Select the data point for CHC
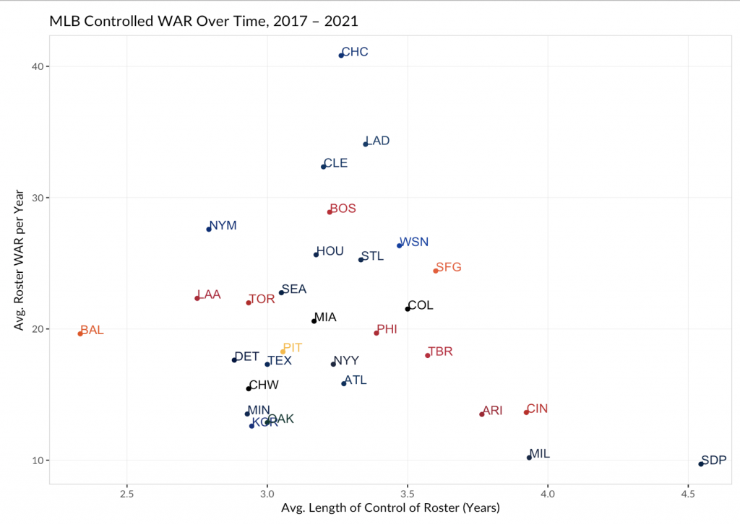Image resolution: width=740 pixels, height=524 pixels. (x=341, y=55)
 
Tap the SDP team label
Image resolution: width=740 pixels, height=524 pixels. (x=714, y=460)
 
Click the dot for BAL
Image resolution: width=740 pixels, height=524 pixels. (x=80, y=333)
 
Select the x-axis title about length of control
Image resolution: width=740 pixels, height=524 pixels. (x=390, y=508)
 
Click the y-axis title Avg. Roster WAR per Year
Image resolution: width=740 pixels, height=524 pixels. (x=19, y=261)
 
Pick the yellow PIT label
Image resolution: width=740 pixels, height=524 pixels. (x=293, y=348)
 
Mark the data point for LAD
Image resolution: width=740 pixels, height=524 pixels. (x=366, y=144)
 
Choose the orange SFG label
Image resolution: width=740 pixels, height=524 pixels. (x=449, y=267)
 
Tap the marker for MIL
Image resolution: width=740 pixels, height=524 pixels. (x=529, y=458)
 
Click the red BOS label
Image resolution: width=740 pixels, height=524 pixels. (x=343, y=209)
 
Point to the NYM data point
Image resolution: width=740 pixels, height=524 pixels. (x=209, y=229)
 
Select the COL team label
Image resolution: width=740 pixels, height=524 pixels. (x=421, y=305)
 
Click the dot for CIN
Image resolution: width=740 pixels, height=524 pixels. (x=526, y=412)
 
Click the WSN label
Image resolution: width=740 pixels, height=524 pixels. (x=414, y=242)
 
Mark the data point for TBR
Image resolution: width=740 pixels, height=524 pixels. (x=428, y=355)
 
